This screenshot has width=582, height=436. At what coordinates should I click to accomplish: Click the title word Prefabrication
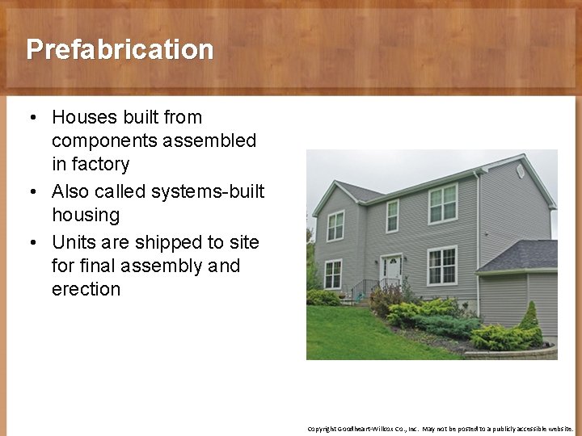point(120,49)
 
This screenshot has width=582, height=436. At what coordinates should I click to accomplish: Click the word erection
point(86,289)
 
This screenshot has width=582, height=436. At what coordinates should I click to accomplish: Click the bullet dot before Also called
point(30,192)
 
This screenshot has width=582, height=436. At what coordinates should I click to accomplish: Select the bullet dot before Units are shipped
point(30,243)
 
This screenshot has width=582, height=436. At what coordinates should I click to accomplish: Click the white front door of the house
point(392,271)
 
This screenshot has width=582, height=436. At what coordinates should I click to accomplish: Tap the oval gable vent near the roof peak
point(520,170)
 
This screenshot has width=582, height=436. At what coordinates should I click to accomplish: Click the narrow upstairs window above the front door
point(392,216)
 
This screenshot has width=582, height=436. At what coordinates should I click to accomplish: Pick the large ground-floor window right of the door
point(442,266)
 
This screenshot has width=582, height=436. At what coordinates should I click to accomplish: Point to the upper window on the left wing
point(335,225)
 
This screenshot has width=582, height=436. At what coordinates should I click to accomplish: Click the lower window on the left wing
point(332,275)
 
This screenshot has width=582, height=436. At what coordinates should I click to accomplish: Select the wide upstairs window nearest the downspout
point(442,203)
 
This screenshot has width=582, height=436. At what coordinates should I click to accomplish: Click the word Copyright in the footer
point(322,429)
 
